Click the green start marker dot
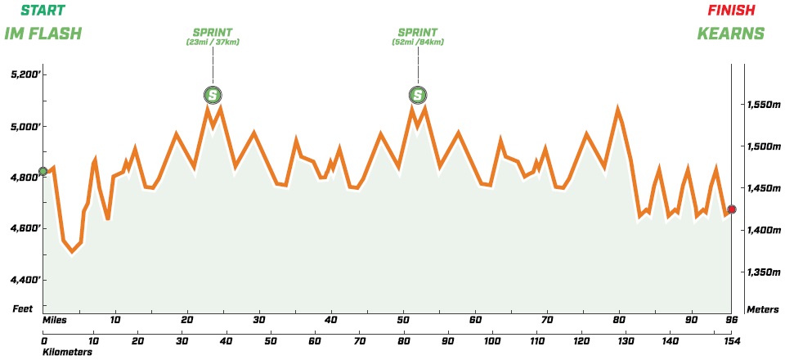(43, 171)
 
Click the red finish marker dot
(732, 209)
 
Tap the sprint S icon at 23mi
(213, 96)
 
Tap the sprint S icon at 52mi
(418, 96)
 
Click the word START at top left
(42, 11)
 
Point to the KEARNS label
(730, 34)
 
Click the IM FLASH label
(43, 34)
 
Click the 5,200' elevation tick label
(25, 75)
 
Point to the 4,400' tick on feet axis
(25, 280)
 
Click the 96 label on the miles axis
(733, 320)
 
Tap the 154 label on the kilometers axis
(731, 340)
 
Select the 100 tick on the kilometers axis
(492, 340)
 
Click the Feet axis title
(22, 309)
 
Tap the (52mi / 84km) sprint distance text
(419, 42)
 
